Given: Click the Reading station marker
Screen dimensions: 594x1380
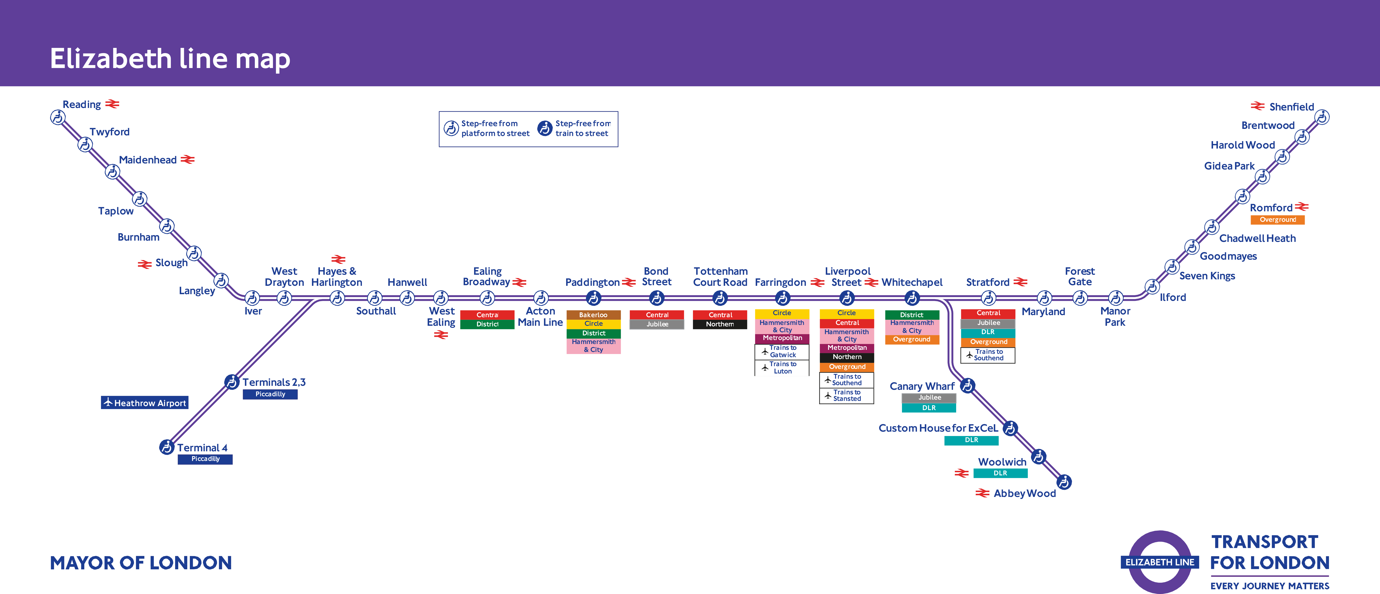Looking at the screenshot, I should pyautogui.click(x=58, y=117).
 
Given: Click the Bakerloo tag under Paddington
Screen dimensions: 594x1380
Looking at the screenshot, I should pyautogui.click(x=593, y=315).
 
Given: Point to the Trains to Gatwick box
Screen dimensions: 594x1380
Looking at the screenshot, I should pyautogui.click(x=782, y=351).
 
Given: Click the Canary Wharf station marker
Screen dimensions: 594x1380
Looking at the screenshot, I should pyautogui.click(x=967, y=386).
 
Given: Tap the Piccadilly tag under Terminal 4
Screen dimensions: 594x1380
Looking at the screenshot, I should pyautogui.click(x=205, y=459).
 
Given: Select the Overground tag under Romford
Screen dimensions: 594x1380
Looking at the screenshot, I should pyautogui.click(x=1278, y=220).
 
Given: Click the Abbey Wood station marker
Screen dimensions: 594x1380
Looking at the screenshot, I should pyautogui.click(x=1064, y=482).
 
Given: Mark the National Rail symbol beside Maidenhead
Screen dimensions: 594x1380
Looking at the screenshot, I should pyautogui.click(x=187, y=160).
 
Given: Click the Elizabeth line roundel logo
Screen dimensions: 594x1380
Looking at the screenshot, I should pyautogui.click(x=1160, y=562).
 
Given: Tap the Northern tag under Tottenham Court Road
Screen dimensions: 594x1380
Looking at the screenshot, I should pyautogui.click(x=720, y=324).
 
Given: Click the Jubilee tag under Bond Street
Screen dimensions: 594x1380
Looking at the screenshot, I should pyautogui.click(x=657, y=324).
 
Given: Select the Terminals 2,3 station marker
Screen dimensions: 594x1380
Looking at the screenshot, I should pyautogui.click(x=231, y=382).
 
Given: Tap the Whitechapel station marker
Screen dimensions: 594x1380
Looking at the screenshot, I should pyautogui.click(x=912, y=298).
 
